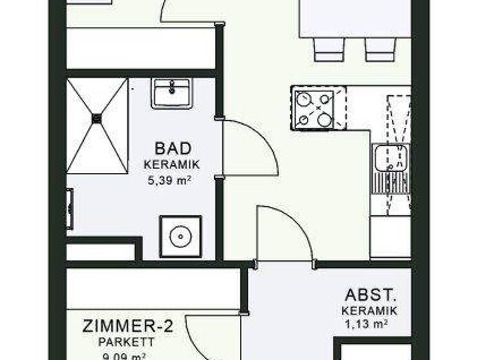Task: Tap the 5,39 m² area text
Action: click(x=169, y=181)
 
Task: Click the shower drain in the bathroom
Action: click(x=97, y=118)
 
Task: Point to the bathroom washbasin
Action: click(x=172, y=94)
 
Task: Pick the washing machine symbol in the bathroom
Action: click(x=180, y=237)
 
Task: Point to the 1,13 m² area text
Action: click(x=369, y=324)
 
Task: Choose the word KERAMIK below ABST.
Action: click(x=369, y=310)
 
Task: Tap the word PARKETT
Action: click(x=126, y=342)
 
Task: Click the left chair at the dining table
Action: click(x=329, y=50)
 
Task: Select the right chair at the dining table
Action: click(x=380, y=50)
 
